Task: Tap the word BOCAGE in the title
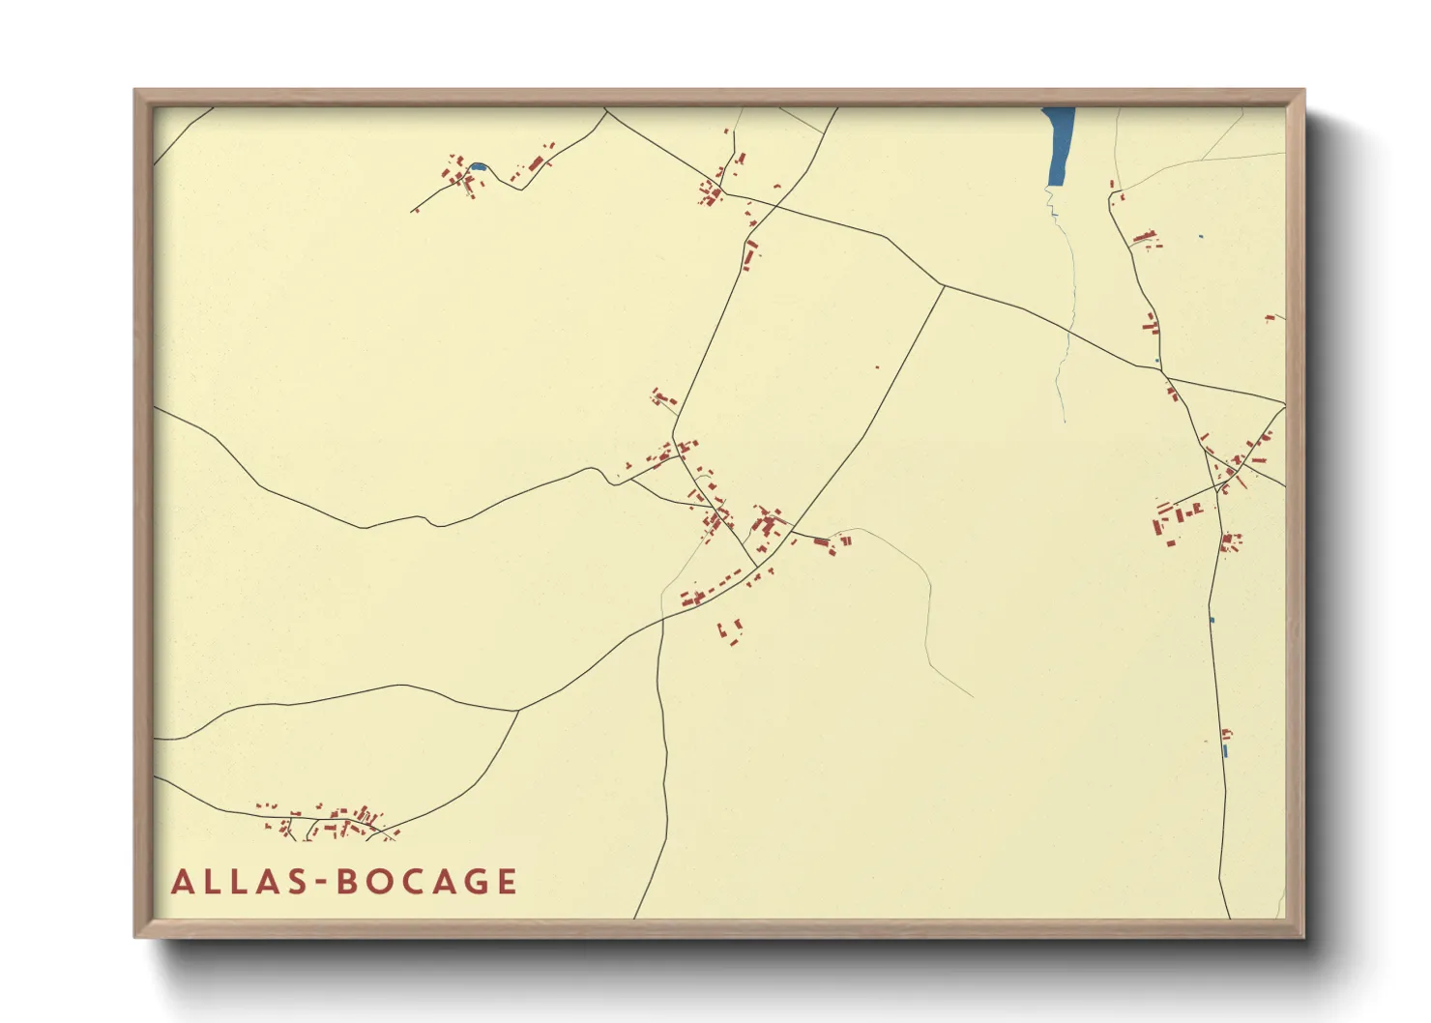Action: pyautogui.click(x=426, y=882)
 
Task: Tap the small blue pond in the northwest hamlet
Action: pyautogui.click(x=477, y=167)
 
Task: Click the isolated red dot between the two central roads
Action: pyautogui.click(x=877, y=366)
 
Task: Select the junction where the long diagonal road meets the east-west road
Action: pyautogui.click(x=943, y=286)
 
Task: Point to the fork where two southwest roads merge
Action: pyautogui.click(x=518, y=711)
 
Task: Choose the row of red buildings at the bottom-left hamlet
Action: pyautogui.click(x=329, y=822)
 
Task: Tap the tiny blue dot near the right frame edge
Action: pyautogui.click(x=1201, y=236)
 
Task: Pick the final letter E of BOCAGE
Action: pyautogui.click(x=506, y=882)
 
